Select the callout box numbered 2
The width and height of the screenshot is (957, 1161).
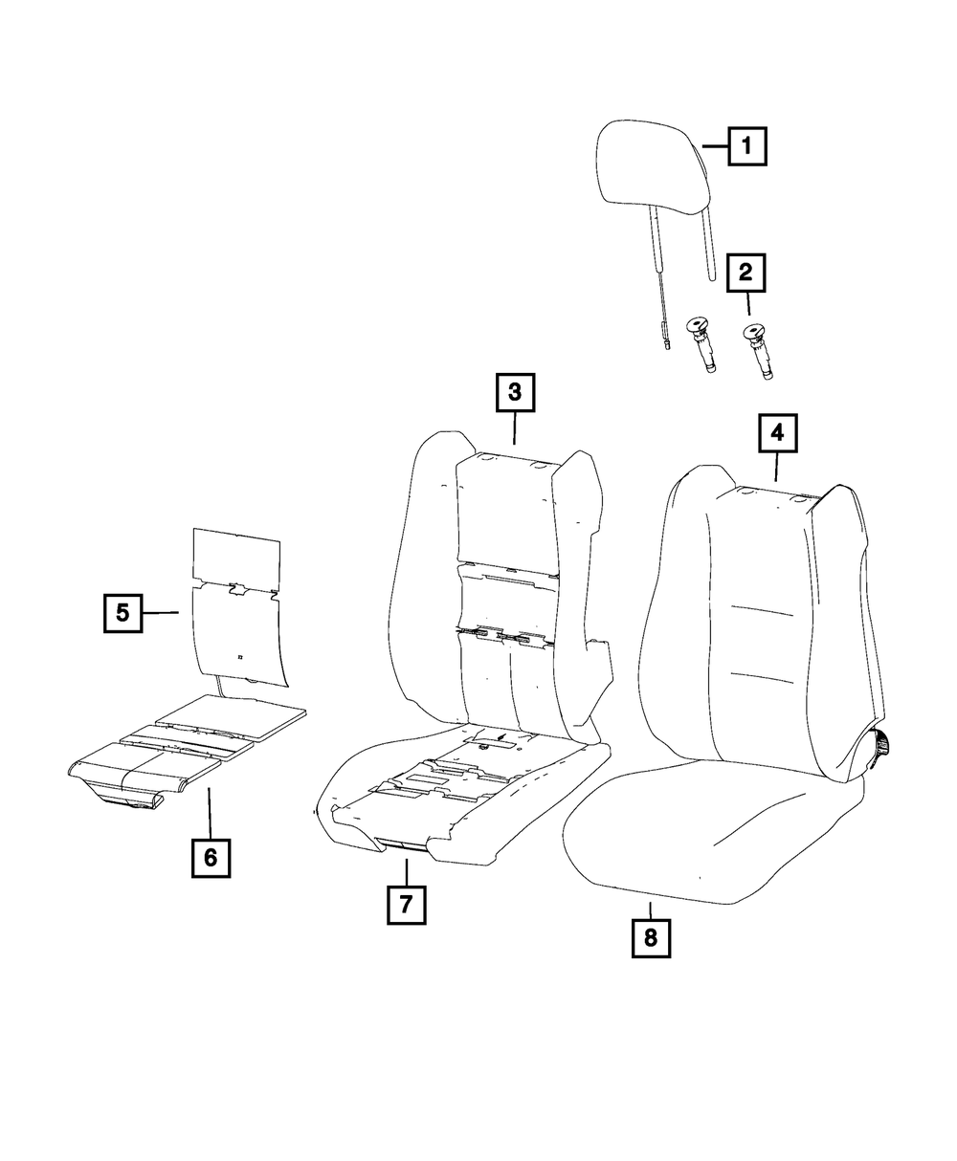click(746, 274)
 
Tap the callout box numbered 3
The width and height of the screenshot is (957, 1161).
click(514, 391)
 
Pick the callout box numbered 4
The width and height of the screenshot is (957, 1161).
click(777, 433)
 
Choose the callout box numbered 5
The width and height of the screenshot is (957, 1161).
click(123, 612)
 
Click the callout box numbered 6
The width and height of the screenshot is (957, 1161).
click(211, 858)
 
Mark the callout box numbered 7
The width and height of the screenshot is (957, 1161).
click(406, 904)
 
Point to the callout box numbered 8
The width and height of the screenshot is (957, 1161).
click(651, 937)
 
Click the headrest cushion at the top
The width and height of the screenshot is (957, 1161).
click(655, 167)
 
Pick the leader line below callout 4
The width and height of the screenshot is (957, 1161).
click(776, 468)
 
